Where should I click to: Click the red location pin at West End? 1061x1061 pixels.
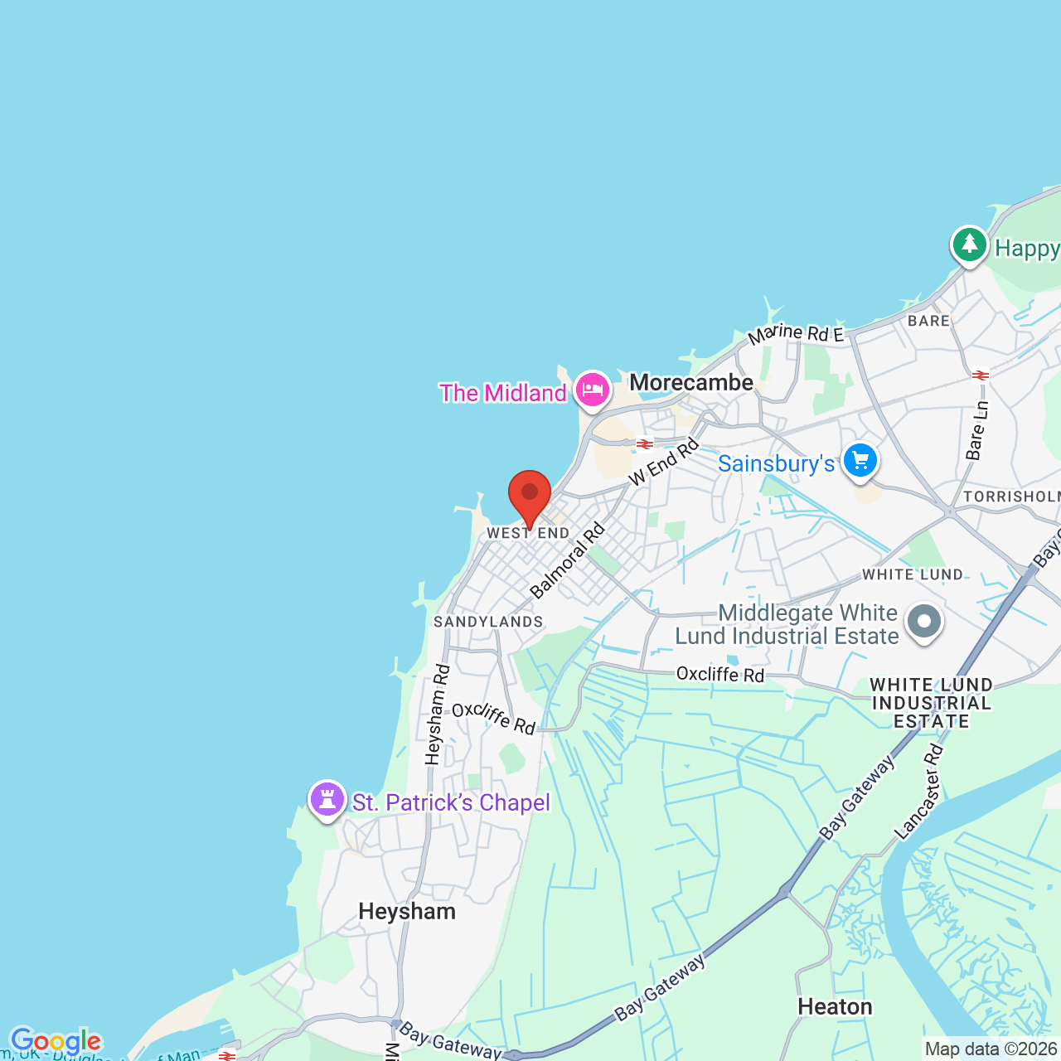click(529, 494)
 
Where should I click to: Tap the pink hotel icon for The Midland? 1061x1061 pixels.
click(592, 389)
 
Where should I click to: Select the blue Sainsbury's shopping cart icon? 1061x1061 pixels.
click(860, 460)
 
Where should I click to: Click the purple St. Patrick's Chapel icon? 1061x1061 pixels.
click(327, 799)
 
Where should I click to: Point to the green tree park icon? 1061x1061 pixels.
click(968, 245)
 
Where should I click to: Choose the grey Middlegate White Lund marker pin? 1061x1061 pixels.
click(924, 621)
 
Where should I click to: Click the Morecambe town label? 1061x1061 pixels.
click(691, 382)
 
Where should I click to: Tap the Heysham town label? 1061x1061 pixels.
click(407, 911)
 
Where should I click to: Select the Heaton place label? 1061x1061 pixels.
click(835, 1006)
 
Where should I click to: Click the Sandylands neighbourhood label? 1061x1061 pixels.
click(488, 622)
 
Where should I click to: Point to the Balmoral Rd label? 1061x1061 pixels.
click(568, 561)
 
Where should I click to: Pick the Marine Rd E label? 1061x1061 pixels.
click(796, 333)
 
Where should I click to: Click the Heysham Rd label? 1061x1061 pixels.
click(437, 714)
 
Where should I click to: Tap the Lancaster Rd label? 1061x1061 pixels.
click(919, 792)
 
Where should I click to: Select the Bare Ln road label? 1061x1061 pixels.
click(978, 430)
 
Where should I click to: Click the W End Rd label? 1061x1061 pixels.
click(664, 463)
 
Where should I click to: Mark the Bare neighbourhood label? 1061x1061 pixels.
click(928, 321)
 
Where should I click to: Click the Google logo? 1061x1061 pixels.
click(56, 1041)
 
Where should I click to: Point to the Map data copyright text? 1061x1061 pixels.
click(991, 1049)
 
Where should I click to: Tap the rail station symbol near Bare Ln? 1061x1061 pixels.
click(981, 375)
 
